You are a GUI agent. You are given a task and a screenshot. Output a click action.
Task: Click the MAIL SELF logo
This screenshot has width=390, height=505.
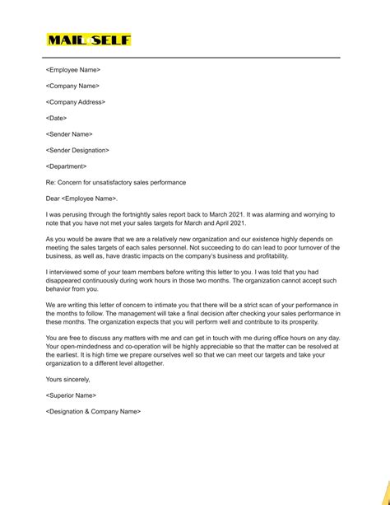click(x=89, y=40)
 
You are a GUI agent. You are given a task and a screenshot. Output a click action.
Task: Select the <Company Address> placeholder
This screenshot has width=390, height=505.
click(x=75, y=102)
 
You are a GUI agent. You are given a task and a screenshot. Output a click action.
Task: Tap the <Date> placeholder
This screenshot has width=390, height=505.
click(x=56, y=118)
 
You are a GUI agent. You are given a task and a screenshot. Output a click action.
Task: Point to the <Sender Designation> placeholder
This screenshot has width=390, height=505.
click(x=77, y=150)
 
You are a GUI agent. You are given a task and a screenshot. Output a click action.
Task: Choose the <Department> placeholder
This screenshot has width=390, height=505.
click(x=67, y=166)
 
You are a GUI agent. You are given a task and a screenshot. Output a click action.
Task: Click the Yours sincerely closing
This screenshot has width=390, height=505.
click(x=68, y=402)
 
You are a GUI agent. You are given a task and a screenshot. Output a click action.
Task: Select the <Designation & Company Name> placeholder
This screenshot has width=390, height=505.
click(x=94, y=434)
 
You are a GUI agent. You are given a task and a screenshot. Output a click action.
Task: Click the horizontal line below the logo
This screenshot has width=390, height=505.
click(x=195, y=58)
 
